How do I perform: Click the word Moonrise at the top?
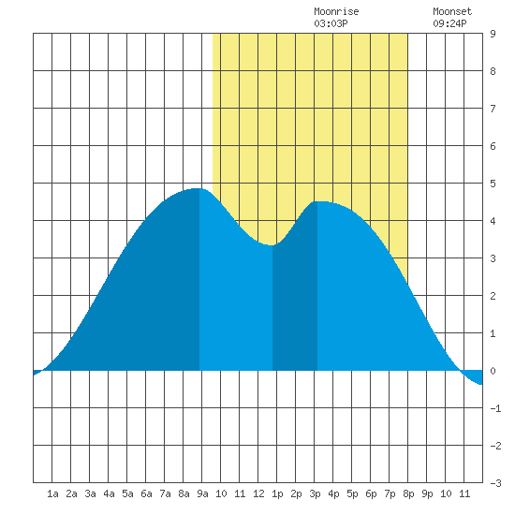coord(336,11)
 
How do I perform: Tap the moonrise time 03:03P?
coord(331,23)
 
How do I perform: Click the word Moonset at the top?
coord(452,11)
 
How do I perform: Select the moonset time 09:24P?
coord(449,23)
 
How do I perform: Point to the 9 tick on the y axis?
coord(493,34)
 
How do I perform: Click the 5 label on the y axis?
coord(493,184)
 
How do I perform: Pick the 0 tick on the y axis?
coord(493,371)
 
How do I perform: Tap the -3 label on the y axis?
coord(495,483)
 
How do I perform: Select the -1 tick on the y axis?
coord(495,408)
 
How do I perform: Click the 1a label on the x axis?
coord(52,493)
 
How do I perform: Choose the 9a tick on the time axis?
coord(202,493)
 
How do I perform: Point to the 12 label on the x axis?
coord(258,493)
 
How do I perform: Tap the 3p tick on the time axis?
coord(315,493)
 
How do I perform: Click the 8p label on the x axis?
coord(408,493)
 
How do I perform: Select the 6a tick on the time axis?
coord(146,493)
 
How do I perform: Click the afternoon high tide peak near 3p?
coord(318,201)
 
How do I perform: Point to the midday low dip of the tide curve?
coord(272,245)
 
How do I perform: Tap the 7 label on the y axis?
coord(493,109)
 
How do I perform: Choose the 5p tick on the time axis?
coord(352,493)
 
